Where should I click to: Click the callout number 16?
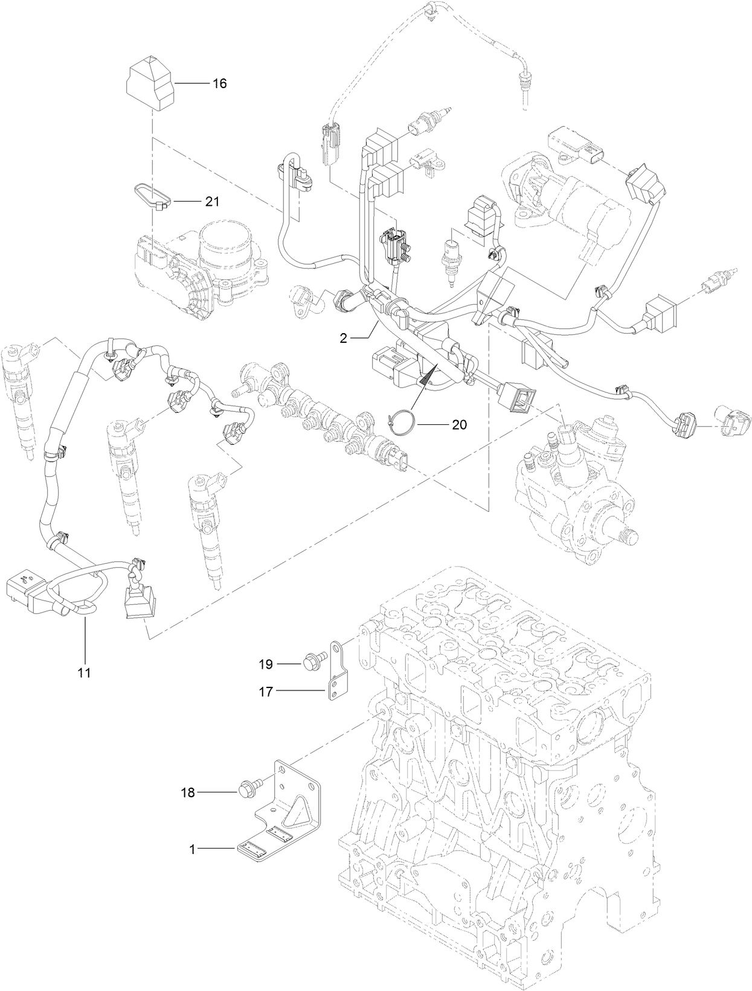(219, 83)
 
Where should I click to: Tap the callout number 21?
(211, 202)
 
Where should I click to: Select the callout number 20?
(459, 425)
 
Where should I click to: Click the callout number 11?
(85, 672)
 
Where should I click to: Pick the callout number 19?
(266, 664)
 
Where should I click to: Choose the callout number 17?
(266, 692)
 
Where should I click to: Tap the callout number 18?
(188, 792)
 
